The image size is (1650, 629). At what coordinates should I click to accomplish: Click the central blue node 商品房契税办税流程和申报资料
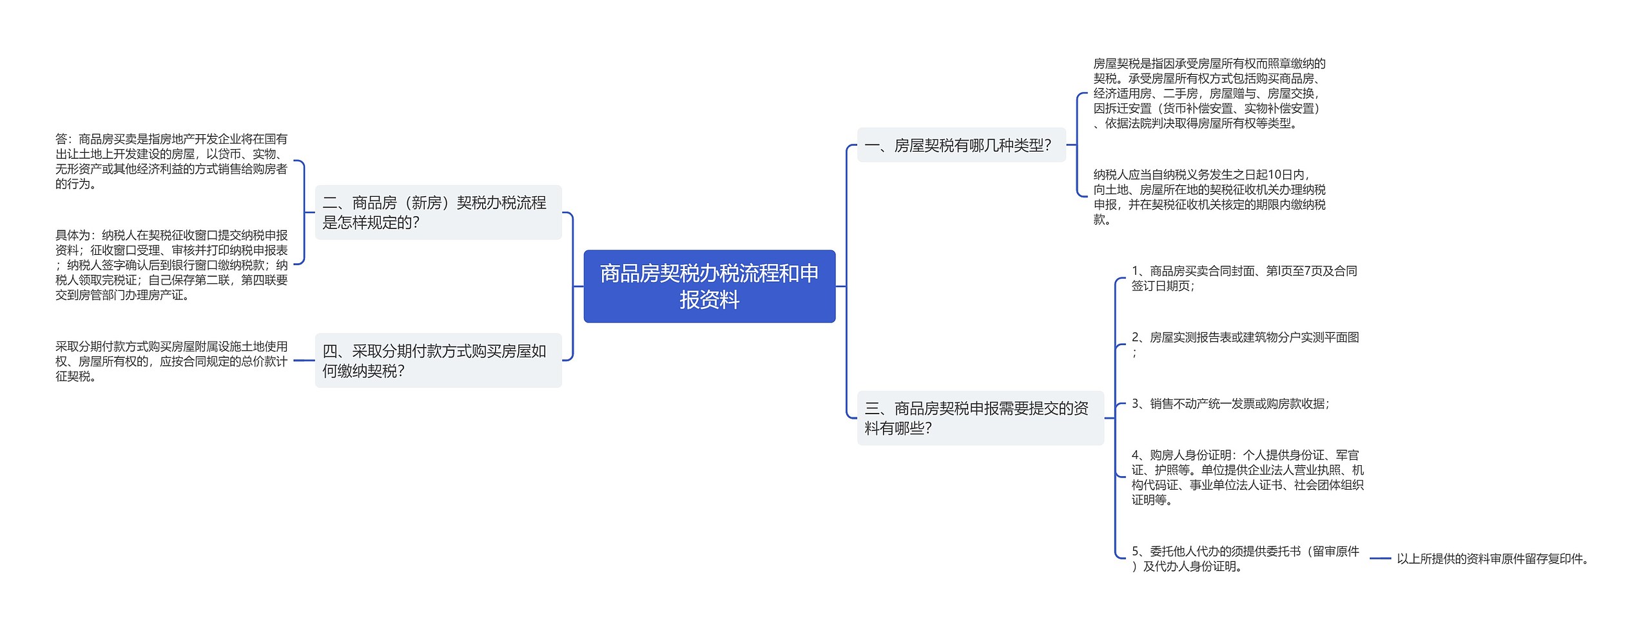pyautogui.click(x=709, y=286)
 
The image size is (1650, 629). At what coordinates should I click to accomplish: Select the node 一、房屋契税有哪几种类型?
pyautogui.click(x=960, y=146)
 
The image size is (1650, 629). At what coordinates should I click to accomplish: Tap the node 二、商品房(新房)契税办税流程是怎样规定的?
pyautogui.click(x=438, y=213)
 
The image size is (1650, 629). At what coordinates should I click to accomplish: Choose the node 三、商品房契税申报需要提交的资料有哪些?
pyautogui.click(x=980, y=418)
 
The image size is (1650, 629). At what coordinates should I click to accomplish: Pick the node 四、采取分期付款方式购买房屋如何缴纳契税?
pyautogui.click(x=438, y=361)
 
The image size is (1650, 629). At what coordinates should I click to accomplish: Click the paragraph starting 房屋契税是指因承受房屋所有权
pyautogui.click(x=1209, y=94)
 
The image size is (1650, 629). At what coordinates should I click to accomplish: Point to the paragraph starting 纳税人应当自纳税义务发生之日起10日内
pyautogui.click(x=1209, y=197)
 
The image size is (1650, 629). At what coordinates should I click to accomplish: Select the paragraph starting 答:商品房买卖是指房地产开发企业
pyautogui.click(x=171, y=161)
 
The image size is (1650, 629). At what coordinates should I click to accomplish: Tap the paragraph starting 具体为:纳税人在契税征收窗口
pyautogui.click(x=171, y=265)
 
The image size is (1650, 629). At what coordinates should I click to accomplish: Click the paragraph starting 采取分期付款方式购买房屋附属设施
pyautogui.click(x=171, y=361)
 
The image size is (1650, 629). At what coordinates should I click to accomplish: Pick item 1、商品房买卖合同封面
pyautogui.click(x=1244, y=278)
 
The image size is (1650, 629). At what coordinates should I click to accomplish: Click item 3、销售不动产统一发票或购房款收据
pyautogui.click(x=1230, y=404)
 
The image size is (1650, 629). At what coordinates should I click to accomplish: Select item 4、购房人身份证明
pyautogui.click(x=1247, y=477)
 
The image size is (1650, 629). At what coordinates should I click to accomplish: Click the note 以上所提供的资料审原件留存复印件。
pyautogui.click(x=1493, y=559)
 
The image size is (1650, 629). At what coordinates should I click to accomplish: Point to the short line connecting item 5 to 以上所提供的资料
pyautogui.click(x=1380, y=559)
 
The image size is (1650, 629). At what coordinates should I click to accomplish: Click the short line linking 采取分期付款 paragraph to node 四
pyautogui.click(x=304, y=361)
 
